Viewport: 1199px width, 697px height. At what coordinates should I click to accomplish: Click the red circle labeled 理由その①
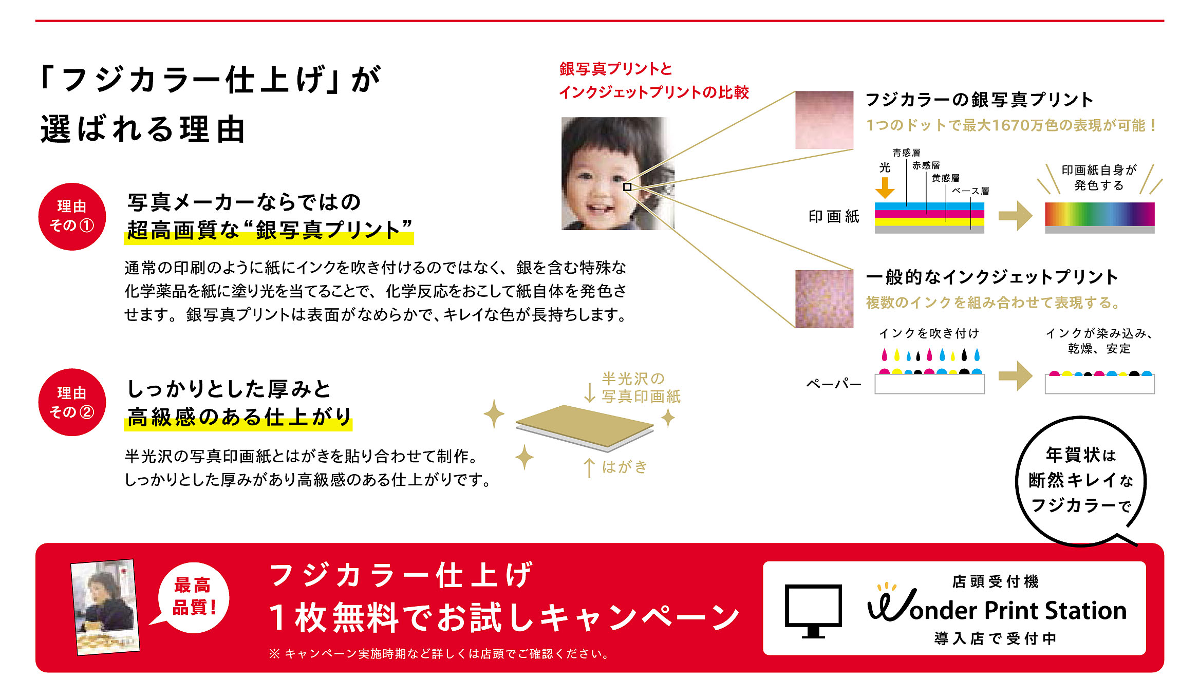(72, 216)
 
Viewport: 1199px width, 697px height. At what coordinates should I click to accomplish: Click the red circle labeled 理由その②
(72, 402)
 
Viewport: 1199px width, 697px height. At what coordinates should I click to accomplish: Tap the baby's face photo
(617, 174)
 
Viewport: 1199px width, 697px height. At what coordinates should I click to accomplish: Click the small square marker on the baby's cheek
(627, 187)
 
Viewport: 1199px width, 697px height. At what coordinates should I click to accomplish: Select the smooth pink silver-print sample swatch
(824, 120)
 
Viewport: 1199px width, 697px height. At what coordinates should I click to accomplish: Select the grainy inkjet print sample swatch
(824, 299)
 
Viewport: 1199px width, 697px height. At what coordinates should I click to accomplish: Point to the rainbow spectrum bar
(1099, 214)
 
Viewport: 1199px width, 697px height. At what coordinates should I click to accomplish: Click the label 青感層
(906, 153)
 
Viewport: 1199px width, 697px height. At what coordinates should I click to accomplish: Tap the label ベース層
(970, 191)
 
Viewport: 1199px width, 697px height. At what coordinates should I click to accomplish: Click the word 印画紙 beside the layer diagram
(834, 216)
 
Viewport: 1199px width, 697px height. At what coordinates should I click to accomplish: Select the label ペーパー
(834, 384)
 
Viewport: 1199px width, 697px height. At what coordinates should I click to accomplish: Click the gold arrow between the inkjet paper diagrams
(1016, 376)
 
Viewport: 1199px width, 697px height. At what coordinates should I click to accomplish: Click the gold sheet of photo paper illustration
(585, 426)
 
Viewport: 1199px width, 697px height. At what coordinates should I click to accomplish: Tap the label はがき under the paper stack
(625, 466)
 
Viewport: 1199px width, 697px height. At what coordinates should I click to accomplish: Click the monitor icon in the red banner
(813, 610)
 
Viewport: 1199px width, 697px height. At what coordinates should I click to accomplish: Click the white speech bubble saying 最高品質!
(191, 597)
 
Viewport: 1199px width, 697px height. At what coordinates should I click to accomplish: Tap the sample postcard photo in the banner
(105, 607)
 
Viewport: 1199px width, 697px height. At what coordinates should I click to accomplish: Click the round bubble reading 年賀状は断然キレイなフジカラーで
(1081, 481)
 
